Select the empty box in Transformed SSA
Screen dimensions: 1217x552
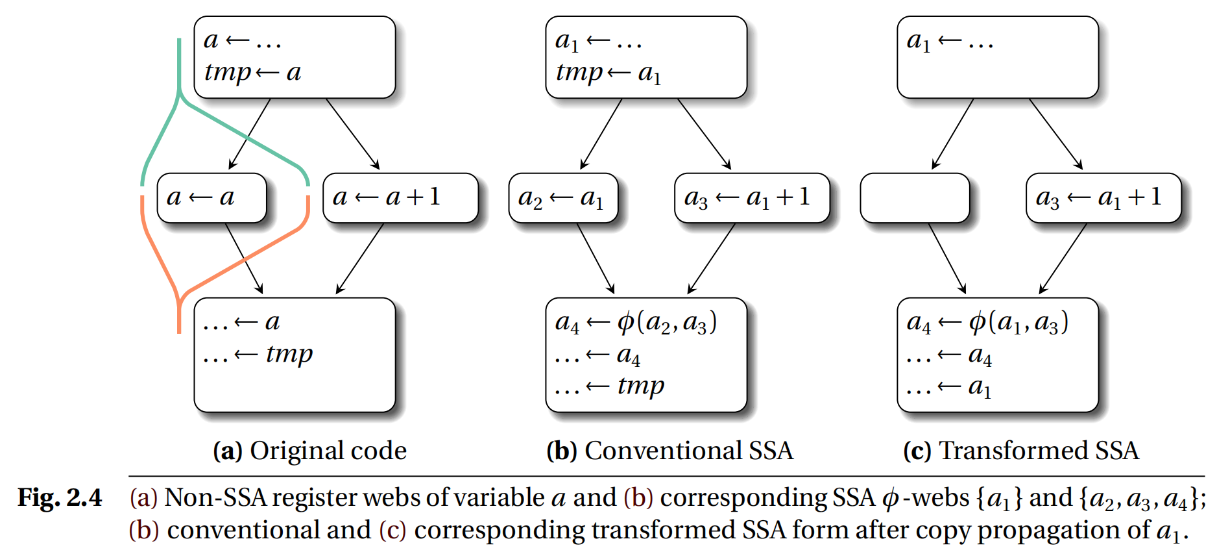(915, 198)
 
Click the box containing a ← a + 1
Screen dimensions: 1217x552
(400, 198)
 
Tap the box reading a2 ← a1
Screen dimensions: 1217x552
(563, 198)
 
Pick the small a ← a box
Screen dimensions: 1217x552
(212, 198)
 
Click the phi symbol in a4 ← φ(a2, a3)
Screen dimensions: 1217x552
(625, 321)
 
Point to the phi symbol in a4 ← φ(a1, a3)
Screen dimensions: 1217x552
(977, 321)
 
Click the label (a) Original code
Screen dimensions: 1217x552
(310, 450)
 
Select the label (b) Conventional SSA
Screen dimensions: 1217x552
(670, 450)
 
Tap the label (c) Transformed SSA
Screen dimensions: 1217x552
(1021, 450)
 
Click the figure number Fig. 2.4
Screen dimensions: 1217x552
(60, 497)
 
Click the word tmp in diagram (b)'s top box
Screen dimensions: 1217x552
(579, 72)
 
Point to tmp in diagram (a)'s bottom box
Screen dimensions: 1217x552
(289, 354)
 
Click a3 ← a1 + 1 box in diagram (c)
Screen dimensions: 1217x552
(1103, 198)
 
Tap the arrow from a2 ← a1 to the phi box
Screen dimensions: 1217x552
(596, 258)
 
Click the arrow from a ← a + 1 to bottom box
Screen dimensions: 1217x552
(360, 258)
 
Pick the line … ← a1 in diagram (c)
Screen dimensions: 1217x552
(948, 388)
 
